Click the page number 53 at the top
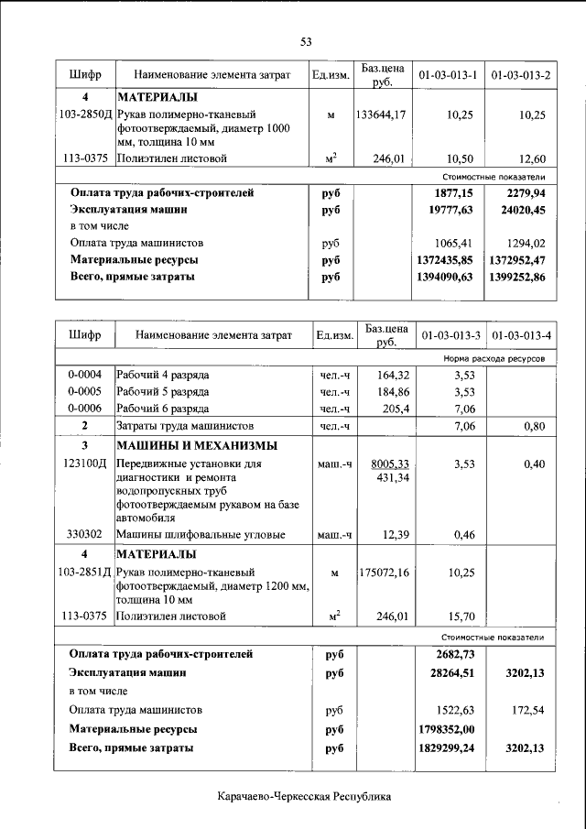click(x=306, y=41)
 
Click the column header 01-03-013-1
click(x=449, y=74)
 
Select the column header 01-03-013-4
click(x=520, y=335)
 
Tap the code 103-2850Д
click(x=84, y=115)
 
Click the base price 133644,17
click(x=381, y=115)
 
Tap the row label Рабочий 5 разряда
click(x=162, y=391)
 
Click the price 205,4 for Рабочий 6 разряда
click(x=391, y=409)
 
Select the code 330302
click(x=84, y=534)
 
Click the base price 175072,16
click(x=383, y=573)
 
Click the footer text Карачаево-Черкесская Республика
click(x=305, y=797)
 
